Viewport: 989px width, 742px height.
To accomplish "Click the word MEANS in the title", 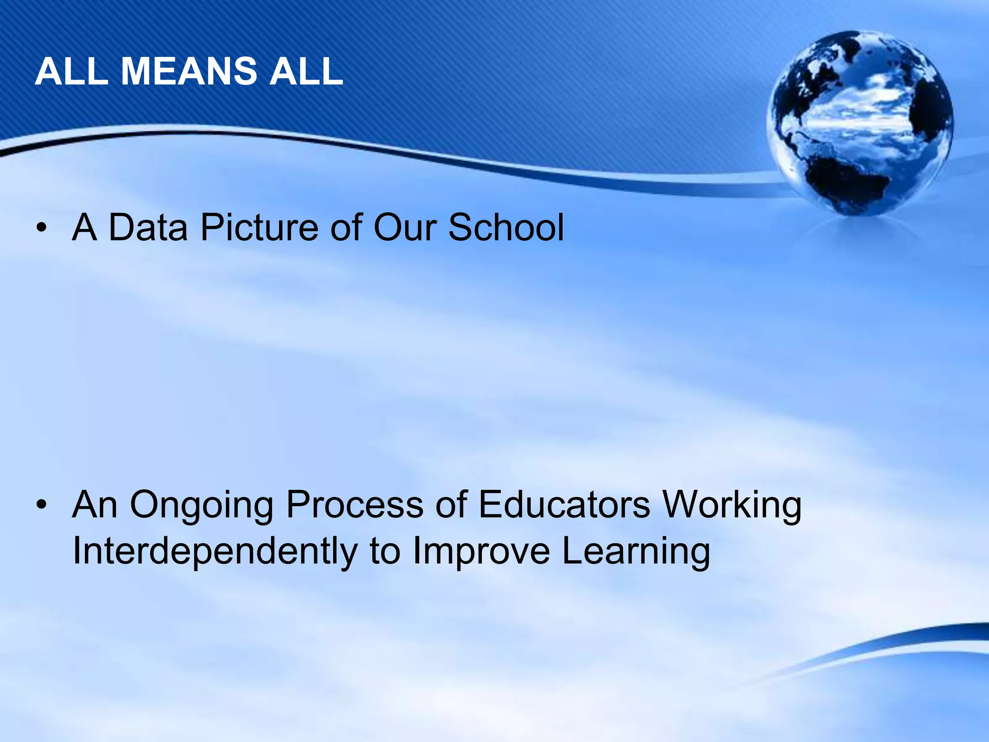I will pyautogui.click(x=189, y=71).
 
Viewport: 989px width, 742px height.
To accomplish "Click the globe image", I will pyautogui.click(x=860, y=123).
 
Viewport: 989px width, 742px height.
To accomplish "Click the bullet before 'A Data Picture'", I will pyautogui.click(x=42, y=228).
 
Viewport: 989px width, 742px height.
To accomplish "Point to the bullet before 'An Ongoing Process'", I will pyautogui.click(x=42, y=505).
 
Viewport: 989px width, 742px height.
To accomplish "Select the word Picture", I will pyautogui.click(x=259, y=228).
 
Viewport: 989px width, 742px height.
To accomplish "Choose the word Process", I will pyautogui.click(x=354, y=505).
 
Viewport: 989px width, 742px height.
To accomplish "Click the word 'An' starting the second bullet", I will pyautogui.click(x=95, y=505).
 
